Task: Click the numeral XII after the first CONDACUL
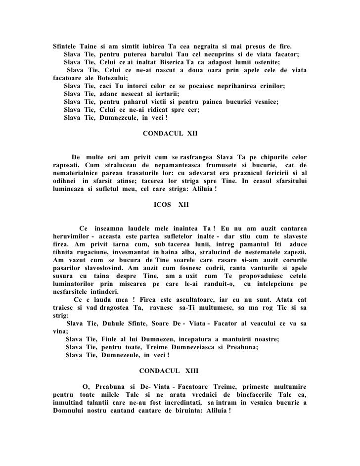click(x=190, y=134)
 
